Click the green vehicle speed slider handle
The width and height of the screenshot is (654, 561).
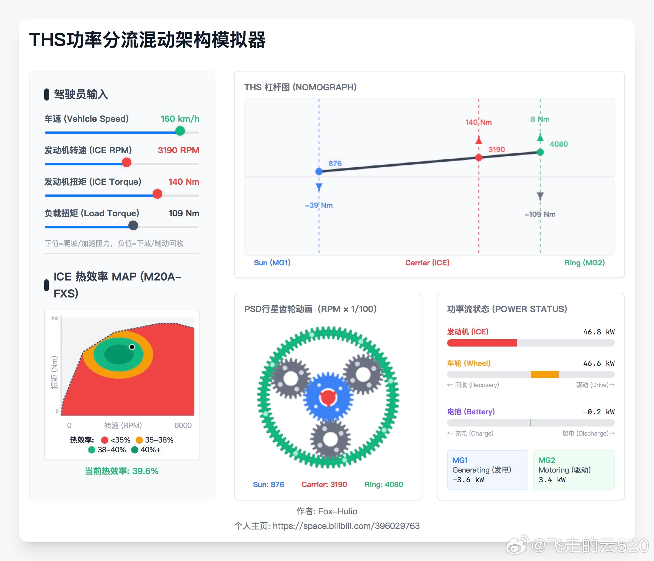point(180,131)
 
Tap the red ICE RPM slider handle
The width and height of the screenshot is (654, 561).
point(127,162)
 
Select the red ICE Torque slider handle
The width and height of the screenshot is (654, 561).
point(157,194)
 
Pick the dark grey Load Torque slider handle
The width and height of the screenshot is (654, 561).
point(133,225)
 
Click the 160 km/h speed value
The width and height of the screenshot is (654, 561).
point(180,119)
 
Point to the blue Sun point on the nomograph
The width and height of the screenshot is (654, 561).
point(319,171)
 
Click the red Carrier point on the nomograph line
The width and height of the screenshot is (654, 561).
point(478,157)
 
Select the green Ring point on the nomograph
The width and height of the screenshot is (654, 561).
point(540,152)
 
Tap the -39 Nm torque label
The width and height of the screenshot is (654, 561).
point(319,205)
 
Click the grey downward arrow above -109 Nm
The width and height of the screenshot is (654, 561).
point(540,196)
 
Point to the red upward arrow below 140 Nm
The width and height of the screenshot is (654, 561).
point(478,140)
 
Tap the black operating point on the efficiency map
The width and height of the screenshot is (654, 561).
point(132,347)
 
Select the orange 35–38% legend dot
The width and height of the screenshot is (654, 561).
point(139,440)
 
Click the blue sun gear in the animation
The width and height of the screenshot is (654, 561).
point(328,397)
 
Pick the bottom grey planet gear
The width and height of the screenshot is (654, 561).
point(330,439)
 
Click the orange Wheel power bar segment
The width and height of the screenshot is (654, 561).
point(544,374)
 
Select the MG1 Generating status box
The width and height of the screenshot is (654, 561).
point(487,470)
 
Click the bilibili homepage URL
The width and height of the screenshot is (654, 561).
point(346,526)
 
